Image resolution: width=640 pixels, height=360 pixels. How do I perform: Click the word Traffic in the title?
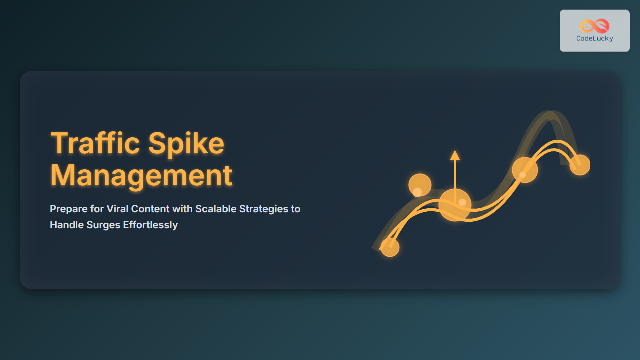pyautogui.click(x=95, y=143)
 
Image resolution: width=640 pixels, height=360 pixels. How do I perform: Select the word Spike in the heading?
pyautogui.click(x=186, y=145)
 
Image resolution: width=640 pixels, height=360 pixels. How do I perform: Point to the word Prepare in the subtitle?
pyautogui.click(x=69, y=209)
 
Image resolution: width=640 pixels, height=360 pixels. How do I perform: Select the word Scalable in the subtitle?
pyautogui.click(x=216, y=209)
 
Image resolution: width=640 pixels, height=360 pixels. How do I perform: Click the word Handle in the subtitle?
pyautogui.click(x=67, y=225)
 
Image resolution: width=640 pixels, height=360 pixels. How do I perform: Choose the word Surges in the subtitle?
pyautogui.click(x=103, y=225)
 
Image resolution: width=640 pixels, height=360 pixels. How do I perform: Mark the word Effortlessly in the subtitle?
pyautogui.click(x=150, y=225)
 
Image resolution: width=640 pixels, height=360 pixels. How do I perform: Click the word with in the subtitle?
pyautogui.click(x=183, y=209)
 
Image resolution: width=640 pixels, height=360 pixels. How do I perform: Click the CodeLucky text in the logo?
pyautogui.click(x=595, y=39)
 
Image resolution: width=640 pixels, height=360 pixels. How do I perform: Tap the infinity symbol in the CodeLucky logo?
pyautogui.click(x=595, y=26)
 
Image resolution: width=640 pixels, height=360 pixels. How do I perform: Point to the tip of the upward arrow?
pyautogui.click(x=455, y=150)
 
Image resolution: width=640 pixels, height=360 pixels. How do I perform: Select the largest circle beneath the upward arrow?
pyautogui.click(x=455, y=205)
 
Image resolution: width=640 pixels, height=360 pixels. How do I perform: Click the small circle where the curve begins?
pyautogui.click(x=390, y=247)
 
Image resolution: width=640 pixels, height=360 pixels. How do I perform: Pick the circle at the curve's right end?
pyautogui.click(x=579, y=165)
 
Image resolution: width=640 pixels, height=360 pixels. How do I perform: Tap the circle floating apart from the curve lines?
pyautogui.click(x=420, y=185)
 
